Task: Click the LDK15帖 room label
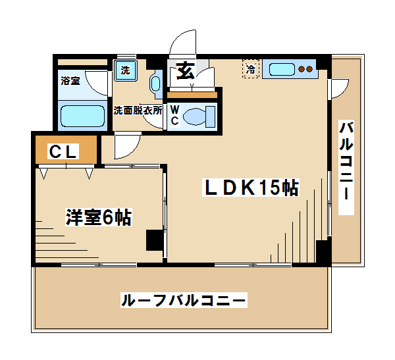[x=251, y=188]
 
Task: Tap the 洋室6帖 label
[x=99, y=217]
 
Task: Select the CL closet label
[x=63, y=151]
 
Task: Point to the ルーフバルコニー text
[x=184, y=300]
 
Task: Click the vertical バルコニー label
[x=346, y=167]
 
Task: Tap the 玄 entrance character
[x=186, y=71]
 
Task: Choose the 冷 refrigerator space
[x=251, y=69]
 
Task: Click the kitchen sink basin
[x=282, y=69]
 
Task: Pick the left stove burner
[x=302, y=69]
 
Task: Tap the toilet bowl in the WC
[x=195, y=116]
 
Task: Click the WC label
[x=174, y=115]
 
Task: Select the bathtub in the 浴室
[x=83, y=116]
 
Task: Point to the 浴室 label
[x=70, y=81]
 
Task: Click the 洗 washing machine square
[x=126, y=70]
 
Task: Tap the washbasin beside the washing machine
[x=155, y=84]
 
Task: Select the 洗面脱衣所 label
[x=138, y=111]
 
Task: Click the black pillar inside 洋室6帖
[x=155, y=240]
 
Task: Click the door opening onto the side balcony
[x=339, y=89]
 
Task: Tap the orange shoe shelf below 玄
[x=192, y=95]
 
